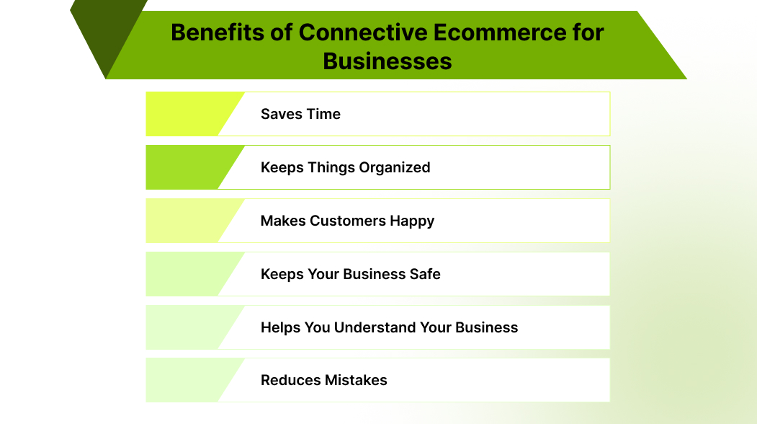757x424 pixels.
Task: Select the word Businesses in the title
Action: [x=388, y=61]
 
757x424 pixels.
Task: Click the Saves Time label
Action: [x=300, y=114]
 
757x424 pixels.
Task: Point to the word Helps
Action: [x=280, y=327]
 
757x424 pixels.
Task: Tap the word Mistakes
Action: [x=356, y=381]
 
